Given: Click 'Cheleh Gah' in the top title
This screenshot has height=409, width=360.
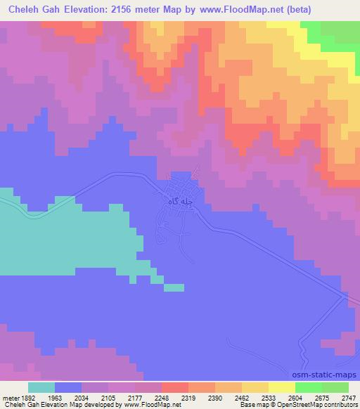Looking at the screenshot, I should [x=34, y=11].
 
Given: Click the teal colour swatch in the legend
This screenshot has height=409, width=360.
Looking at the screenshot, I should [x=41, y=387].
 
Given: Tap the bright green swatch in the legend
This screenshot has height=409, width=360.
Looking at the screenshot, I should [x=308, y=387].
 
